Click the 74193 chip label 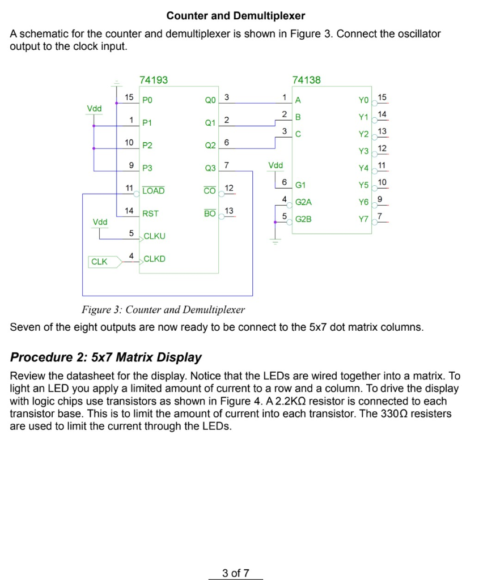(154, 80)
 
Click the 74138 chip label (307, 80)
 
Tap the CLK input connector (103, 262)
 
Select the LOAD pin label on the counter (153, 191)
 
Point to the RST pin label (150, 214)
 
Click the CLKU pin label (154, 236)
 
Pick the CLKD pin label (154, 259)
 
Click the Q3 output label (210, 168)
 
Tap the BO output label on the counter (210, 214)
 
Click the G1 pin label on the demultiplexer (300, 185)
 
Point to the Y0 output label (363, 100)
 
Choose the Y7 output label (363, 219)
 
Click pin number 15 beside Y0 (382, 97)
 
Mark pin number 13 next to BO (229, 211)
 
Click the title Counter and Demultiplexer (236, 16)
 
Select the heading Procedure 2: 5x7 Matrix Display (106, 357)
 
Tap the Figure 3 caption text (163, 310)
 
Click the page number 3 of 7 (236, 573)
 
